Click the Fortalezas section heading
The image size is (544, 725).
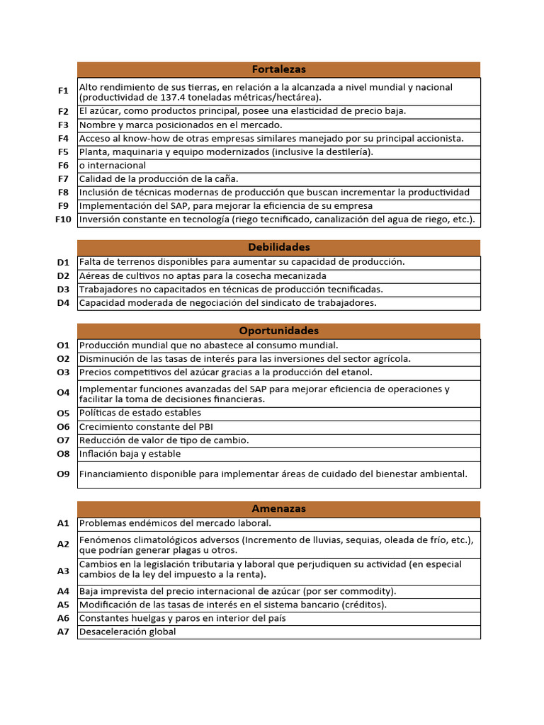(278, 69)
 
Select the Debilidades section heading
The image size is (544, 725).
(278, 247)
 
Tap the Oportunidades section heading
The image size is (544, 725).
(278, 331)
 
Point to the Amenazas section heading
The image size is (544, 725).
(278, 508)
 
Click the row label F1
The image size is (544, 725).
(64, 91)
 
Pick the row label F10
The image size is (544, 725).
(64, 219)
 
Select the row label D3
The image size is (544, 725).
(64, 289)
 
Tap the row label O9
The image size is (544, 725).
(64, 474)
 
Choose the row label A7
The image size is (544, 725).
(64, 632)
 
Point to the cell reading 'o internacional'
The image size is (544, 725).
(113, 166)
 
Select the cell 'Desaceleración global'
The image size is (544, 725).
(127, 632)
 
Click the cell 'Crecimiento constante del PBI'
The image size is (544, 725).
(145, 426)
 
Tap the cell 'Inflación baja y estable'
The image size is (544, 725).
(130, 454)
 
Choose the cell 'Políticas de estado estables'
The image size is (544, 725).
(140, 413)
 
